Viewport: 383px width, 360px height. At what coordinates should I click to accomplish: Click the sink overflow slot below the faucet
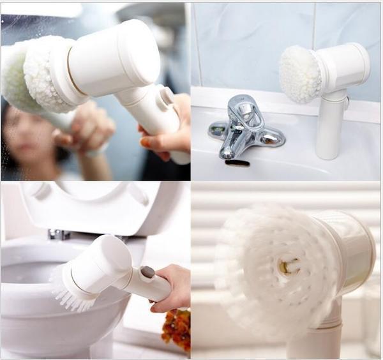pyautogui.click(x=237, y=163)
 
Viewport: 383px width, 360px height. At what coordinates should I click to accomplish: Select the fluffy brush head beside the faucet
pyautogui.click(x=299, y=74)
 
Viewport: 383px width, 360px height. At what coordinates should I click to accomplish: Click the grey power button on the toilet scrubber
pyautogui.click(x=148, y=272)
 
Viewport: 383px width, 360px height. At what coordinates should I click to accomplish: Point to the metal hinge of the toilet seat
pyautogui.click(x=59, y=234)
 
